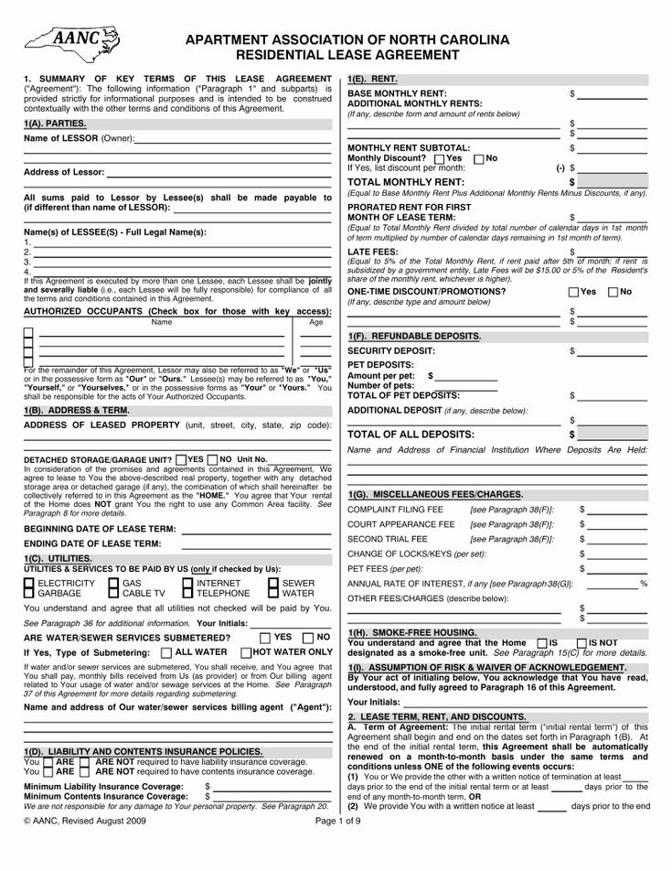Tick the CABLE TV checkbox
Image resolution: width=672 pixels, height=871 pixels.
click(x=113, y=593)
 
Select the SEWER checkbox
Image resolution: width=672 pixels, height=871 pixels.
click(x=272, y=583)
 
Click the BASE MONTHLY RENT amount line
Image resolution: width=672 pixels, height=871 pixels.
click(x=613, y=95)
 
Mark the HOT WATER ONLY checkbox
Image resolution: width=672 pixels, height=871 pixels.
click(x=245, y=653)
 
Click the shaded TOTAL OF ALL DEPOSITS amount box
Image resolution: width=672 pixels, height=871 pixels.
click(x=613, y=434)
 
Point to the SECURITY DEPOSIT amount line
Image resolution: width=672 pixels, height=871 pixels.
click(x=613, y=350)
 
